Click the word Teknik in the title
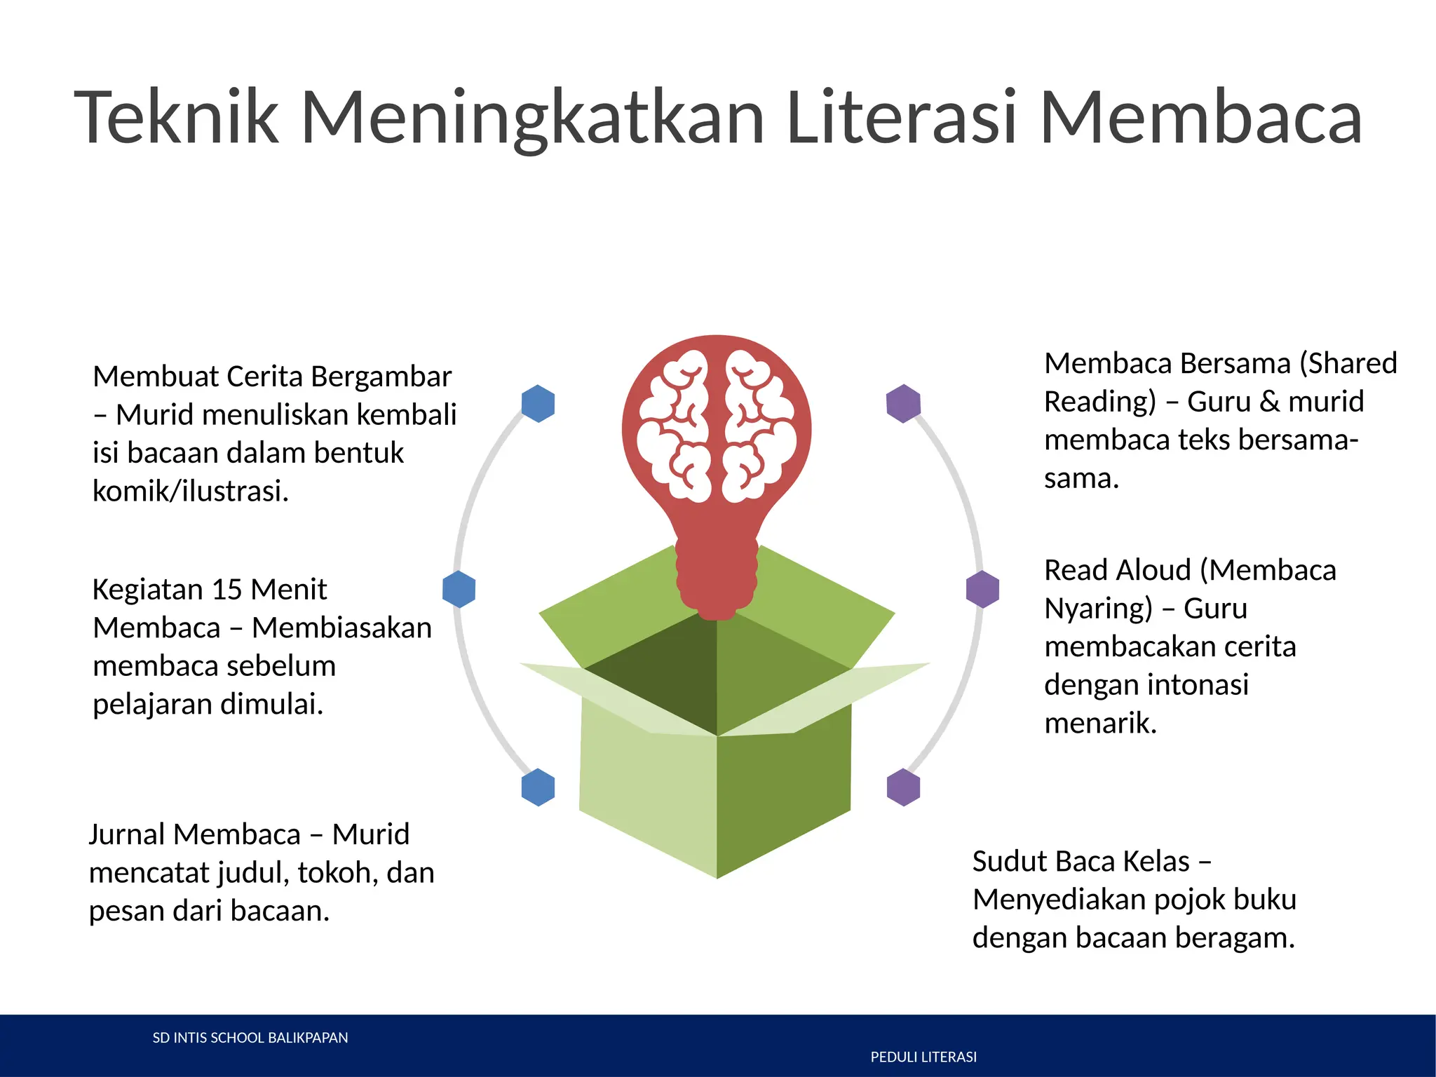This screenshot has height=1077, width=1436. pyautogui.click(x=177, y=117)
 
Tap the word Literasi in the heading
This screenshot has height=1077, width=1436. pyautogui.click(x=901, y=117)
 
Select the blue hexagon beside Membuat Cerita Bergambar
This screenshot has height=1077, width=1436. pyautogui.click(x=538, y=403)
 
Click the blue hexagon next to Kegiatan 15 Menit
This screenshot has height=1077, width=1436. pyautogui.click(x=459, y=589)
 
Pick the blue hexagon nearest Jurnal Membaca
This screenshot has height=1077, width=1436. pyautogui.click(x=538, y=787)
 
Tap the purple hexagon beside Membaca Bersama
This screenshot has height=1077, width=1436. pyautogui.click(x=903, y=403)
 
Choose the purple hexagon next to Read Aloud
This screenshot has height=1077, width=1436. pyautogui.click(x=982, y=589)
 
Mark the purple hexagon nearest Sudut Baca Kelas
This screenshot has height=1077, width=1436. pyautogui.click(x=903, y=787)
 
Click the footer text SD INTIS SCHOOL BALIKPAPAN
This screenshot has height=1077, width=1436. pyautogui.click(x=250, y=1038)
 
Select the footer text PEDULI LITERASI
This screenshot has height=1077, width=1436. pyautogui.click(x=923, y=1057)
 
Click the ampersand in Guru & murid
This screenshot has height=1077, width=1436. pyautogui.click(x=1269, y=402)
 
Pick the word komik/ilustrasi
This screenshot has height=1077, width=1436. pyautogui.click(x=191, y=492)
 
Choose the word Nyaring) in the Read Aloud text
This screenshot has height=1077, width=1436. pyautogui.click(x=1098, y=609)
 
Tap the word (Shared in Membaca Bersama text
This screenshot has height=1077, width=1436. pyautogui.click(x=1348, y=364)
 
